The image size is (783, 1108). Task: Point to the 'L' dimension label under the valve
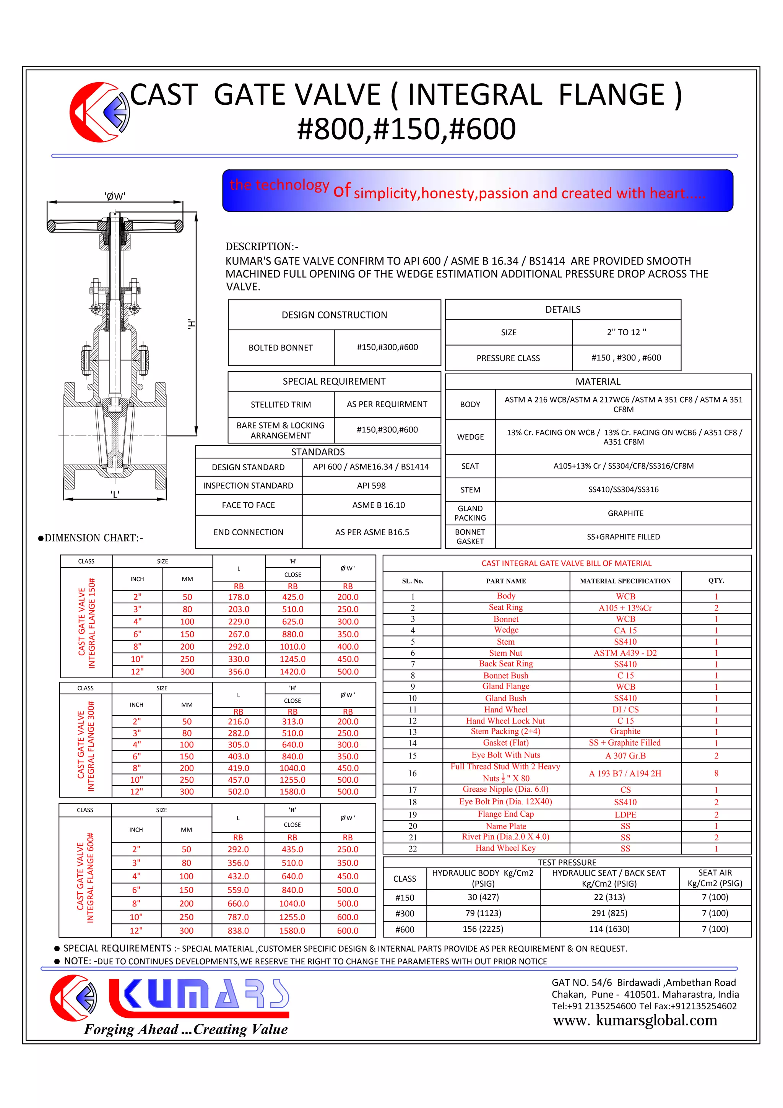(115, 494)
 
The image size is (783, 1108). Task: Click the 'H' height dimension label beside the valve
(191, 324)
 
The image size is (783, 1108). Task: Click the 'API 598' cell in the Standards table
(371, 486)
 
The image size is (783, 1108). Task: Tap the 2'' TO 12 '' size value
(626, 332)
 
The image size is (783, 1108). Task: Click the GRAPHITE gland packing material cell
(625, 513)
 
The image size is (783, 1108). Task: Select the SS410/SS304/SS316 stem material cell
(623, 489)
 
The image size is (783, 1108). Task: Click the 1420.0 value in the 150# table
(292, 671)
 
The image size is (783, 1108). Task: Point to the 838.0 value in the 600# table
(238, 931)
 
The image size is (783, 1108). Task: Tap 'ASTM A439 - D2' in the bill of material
(625, 653)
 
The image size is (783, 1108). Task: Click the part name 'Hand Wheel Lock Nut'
(505, 720)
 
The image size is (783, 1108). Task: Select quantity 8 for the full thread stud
(716, 773)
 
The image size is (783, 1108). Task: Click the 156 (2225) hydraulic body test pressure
(483, 929)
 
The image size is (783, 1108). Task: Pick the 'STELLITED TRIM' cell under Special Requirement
(281, 405)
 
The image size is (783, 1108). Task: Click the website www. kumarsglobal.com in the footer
(635, 1020)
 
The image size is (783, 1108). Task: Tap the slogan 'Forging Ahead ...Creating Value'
(186, 1029)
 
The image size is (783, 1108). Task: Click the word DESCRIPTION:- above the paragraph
(262, 247)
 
